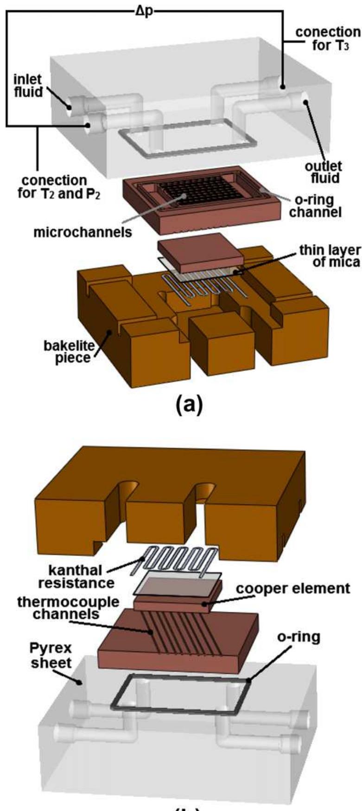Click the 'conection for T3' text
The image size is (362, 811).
coord(327,39)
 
